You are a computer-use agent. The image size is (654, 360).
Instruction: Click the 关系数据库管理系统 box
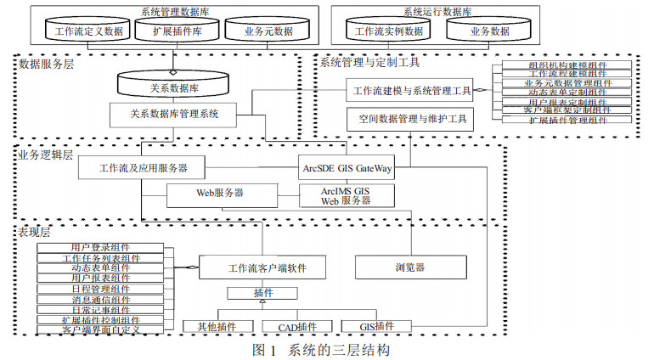[x=175, y=112]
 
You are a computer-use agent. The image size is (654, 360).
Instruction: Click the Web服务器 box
[x=220, y=194]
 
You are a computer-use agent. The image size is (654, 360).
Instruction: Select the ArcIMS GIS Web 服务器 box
[x=347, y=195]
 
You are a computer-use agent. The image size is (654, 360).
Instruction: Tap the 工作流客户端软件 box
[x=265, y=267]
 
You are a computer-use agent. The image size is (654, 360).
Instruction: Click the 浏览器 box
[x=409, y=267]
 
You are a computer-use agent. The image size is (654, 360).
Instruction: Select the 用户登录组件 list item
[x=101, y=247]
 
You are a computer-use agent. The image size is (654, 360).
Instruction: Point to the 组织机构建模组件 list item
[x=567, y=64]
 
